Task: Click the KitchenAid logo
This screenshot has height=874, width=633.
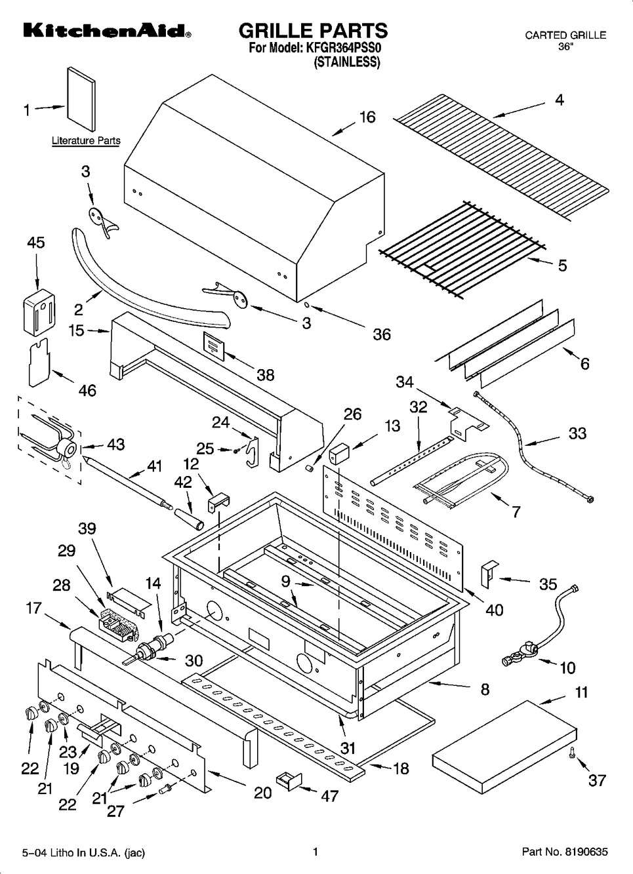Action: [107, 31]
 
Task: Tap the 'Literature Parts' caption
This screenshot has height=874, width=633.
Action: [86, 140]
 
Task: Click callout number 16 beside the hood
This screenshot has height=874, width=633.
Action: [367, 117]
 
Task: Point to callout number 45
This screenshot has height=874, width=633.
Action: [36, 243]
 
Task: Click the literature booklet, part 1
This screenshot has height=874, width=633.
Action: [81, 99]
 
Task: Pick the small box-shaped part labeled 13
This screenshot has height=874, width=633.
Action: [338, 454]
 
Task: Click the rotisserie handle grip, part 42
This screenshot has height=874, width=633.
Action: [189, 519]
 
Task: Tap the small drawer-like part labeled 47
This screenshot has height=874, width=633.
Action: [289, 780]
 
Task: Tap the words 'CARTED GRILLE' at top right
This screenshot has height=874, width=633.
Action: [565, 35]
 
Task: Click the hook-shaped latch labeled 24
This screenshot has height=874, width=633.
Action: [253, 451]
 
